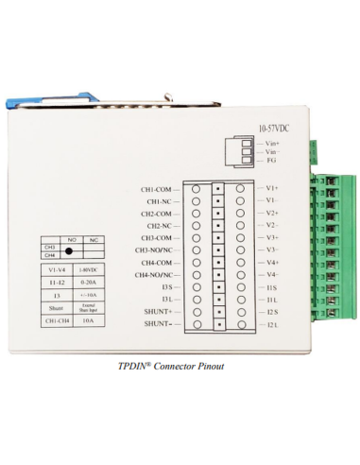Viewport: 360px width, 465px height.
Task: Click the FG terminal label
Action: tap(270, 160)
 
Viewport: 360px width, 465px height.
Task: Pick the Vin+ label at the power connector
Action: tap(272, 144)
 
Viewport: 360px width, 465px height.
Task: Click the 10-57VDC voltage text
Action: tap(273, 128)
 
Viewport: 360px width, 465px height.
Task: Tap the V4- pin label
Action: tap(271, 274)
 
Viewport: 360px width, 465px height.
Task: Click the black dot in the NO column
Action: tap(70, 250)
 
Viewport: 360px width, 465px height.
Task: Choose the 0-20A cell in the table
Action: tap(88, 282)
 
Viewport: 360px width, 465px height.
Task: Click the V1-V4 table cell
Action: tap(56, 269)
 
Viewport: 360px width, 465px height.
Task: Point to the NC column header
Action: tap(93, 240)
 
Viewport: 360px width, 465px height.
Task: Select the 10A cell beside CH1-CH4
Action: tap(88, 321)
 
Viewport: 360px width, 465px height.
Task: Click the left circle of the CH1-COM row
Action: tap(197, 189)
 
